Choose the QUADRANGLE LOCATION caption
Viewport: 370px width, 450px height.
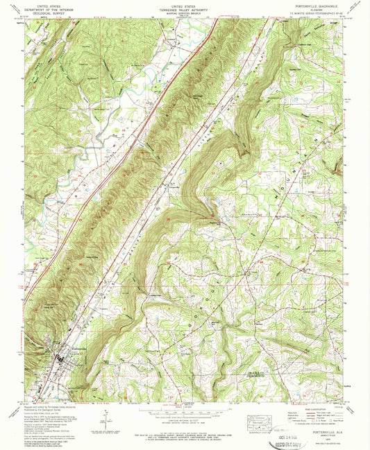click(258, 431)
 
